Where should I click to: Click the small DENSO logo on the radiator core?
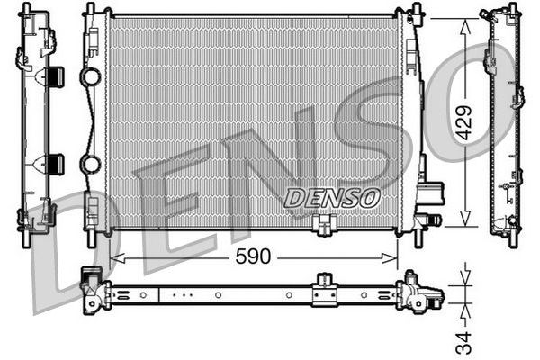(332, 196)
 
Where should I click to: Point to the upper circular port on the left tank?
(90, 77)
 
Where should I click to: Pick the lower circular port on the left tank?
(90, 165)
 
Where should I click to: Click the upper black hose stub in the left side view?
(55, 76)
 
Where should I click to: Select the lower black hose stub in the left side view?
(55, 164)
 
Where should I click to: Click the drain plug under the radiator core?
(326, 225)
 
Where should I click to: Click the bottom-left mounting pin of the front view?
(89, 241)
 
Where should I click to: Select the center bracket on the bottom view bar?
(324, 291)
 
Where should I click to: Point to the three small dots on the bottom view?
(183, 292)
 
